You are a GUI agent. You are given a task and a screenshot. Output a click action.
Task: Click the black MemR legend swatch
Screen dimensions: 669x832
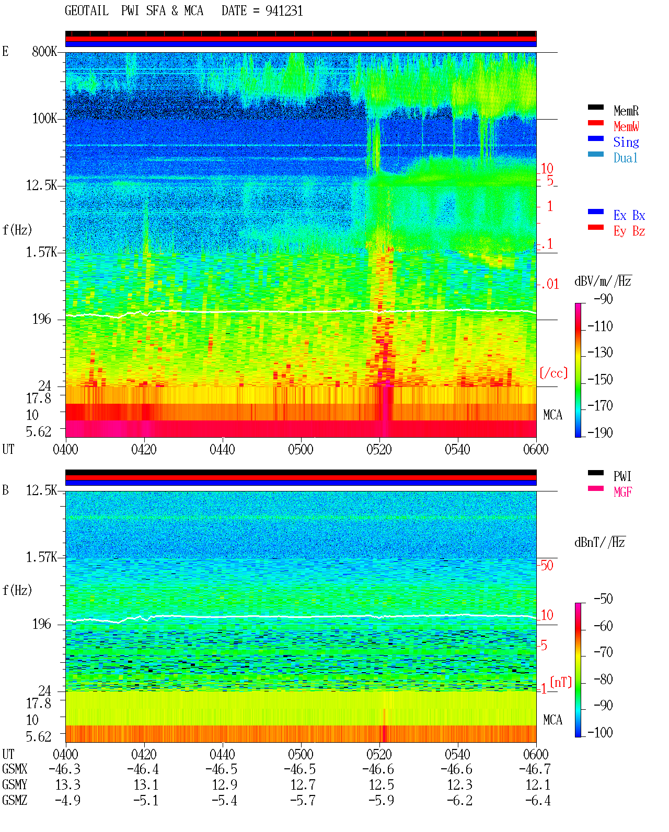pos(595,107)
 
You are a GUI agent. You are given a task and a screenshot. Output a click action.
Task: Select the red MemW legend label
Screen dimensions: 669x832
pos(626,126)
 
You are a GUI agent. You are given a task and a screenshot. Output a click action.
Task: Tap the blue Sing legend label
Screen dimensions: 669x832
pos(626,142)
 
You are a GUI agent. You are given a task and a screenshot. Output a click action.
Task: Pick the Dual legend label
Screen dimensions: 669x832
pos(625,158)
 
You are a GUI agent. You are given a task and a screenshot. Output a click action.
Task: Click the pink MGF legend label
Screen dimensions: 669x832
pos(622,492)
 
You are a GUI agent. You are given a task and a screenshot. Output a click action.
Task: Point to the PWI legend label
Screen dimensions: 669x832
pos(622,476)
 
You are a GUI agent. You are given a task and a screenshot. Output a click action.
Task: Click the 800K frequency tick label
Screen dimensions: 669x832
pos(44,51)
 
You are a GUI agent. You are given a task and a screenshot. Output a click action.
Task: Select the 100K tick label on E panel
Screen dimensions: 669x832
pos(44,119)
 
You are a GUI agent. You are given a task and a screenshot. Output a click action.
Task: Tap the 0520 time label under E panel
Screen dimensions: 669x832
pos(379,449)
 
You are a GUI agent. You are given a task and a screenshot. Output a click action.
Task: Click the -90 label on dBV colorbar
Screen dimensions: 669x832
pos(603,299)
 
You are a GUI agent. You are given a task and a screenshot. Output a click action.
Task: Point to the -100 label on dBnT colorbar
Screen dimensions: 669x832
pos(600,732)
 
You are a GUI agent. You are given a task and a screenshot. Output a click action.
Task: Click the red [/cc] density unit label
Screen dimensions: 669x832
pos(553,373)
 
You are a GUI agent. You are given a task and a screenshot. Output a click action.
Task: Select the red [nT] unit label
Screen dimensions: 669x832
pos(561,682)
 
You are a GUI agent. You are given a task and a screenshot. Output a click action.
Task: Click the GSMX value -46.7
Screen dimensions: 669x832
pos(535,769)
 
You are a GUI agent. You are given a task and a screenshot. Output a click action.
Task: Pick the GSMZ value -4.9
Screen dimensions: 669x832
pos(67,800)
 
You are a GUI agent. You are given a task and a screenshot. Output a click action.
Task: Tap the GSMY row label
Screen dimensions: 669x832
pos(15,784)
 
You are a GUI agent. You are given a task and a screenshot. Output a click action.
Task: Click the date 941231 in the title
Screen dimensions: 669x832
pos(284,11)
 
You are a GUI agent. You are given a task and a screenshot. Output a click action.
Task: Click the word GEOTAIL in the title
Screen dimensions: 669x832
pos(87,11)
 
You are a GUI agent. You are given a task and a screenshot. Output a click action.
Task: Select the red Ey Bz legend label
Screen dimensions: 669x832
pos(629,231)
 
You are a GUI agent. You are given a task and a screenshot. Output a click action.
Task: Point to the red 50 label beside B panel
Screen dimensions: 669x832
pos(547,565)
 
